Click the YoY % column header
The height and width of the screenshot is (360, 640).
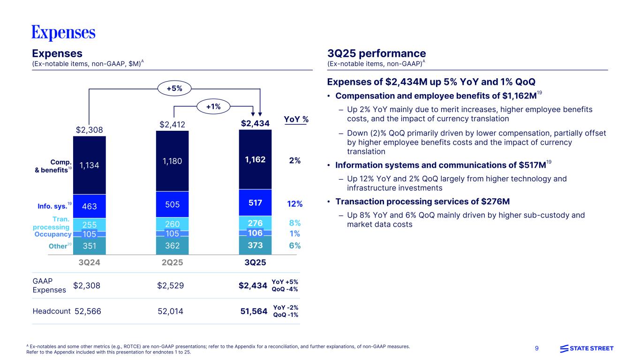(x=296, y=120)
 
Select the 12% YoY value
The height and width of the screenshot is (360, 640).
(x=294, y=204)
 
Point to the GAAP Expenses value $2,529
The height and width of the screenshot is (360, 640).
(x=170, y=285)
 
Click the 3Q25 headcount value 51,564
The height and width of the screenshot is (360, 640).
(x=253, y=311)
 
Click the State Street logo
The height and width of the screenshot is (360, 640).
(x=587, y=348)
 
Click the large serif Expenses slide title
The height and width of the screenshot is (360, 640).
(x=63, y=33)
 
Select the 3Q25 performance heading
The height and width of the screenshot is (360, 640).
(x=376, y=53)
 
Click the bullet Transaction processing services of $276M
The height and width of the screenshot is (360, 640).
(x=422, y=202)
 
